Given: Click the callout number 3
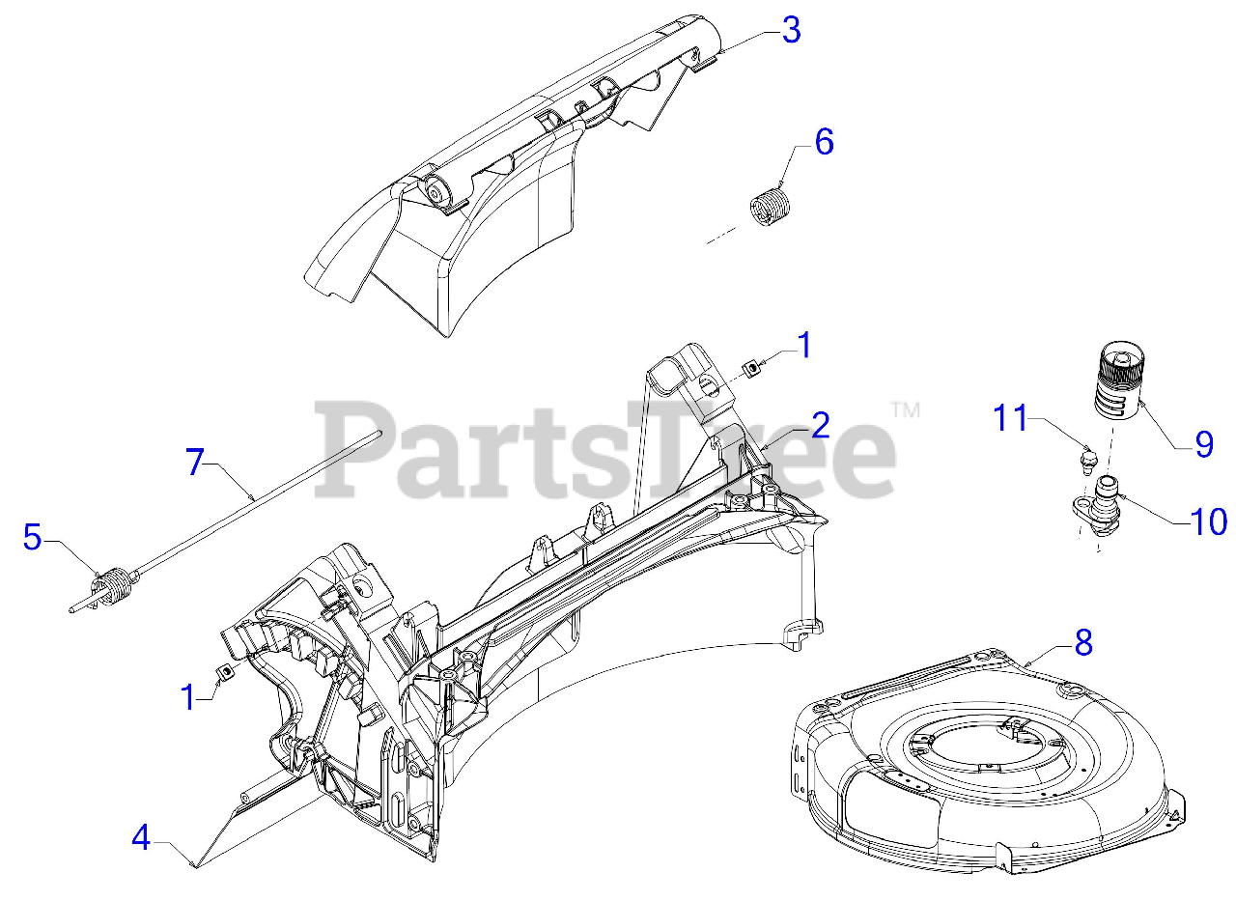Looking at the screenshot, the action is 791,30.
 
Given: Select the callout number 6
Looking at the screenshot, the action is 824,142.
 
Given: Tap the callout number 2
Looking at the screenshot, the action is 820,424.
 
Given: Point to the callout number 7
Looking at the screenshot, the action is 196,463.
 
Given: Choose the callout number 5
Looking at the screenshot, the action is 33,538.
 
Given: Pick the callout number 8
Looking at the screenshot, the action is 1083,642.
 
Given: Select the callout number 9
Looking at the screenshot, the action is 1203,443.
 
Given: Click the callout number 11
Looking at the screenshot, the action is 1012,418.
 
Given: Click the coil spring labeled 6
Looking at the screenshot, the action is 771,207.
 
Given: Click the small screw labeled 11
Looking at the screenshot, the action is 1088,457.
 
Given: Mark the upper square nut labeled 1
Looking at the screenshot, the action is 748,369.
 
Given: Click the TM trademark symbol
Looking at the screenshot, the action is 905,409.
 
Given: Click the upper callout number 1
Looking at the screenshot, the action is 804,345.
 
